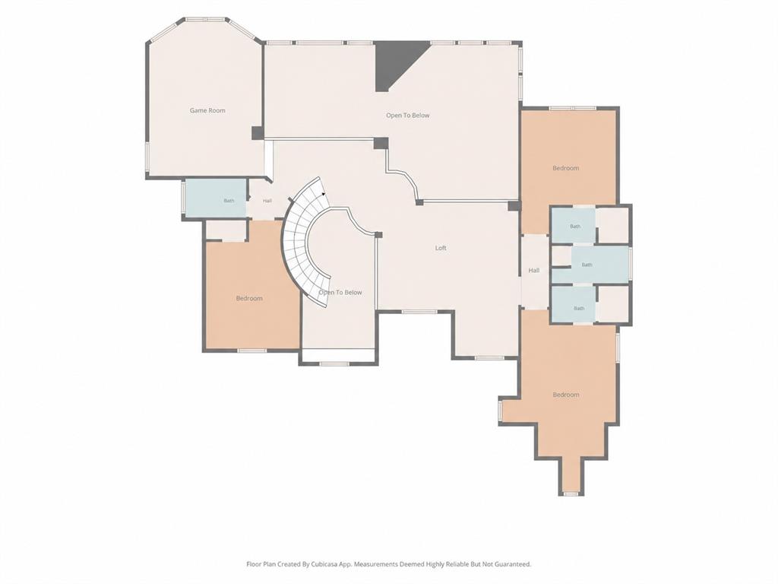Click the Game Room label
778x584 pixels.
click(207, 110)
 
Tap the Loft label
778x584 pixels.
click(441, 248)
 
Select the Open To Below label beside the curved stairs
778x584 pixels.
click(340, 293)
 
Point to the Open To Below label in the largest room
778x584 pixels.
click(408, 116)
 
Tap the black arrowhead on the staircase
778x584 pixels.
click(324, 194)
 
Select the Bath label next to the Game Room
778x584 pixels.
click(229, 201)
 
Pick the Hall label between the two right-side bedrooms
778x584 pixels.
click(534, 271)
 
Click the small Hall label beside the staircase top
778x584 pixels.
click(267, 201)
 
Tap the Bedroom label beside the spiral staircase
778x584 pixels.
click(249, 298)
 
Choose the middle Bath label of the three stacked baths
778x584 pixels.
click(587, 265)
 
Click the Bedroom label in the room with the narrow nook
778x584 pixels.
click(566, 395)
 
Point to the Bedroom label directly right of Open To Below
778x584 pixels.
click(566, 168)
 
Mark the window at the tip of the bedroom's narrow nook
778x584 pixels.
click(571, 494)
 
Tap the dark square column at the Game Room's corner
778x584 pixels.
click(258, 133)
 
